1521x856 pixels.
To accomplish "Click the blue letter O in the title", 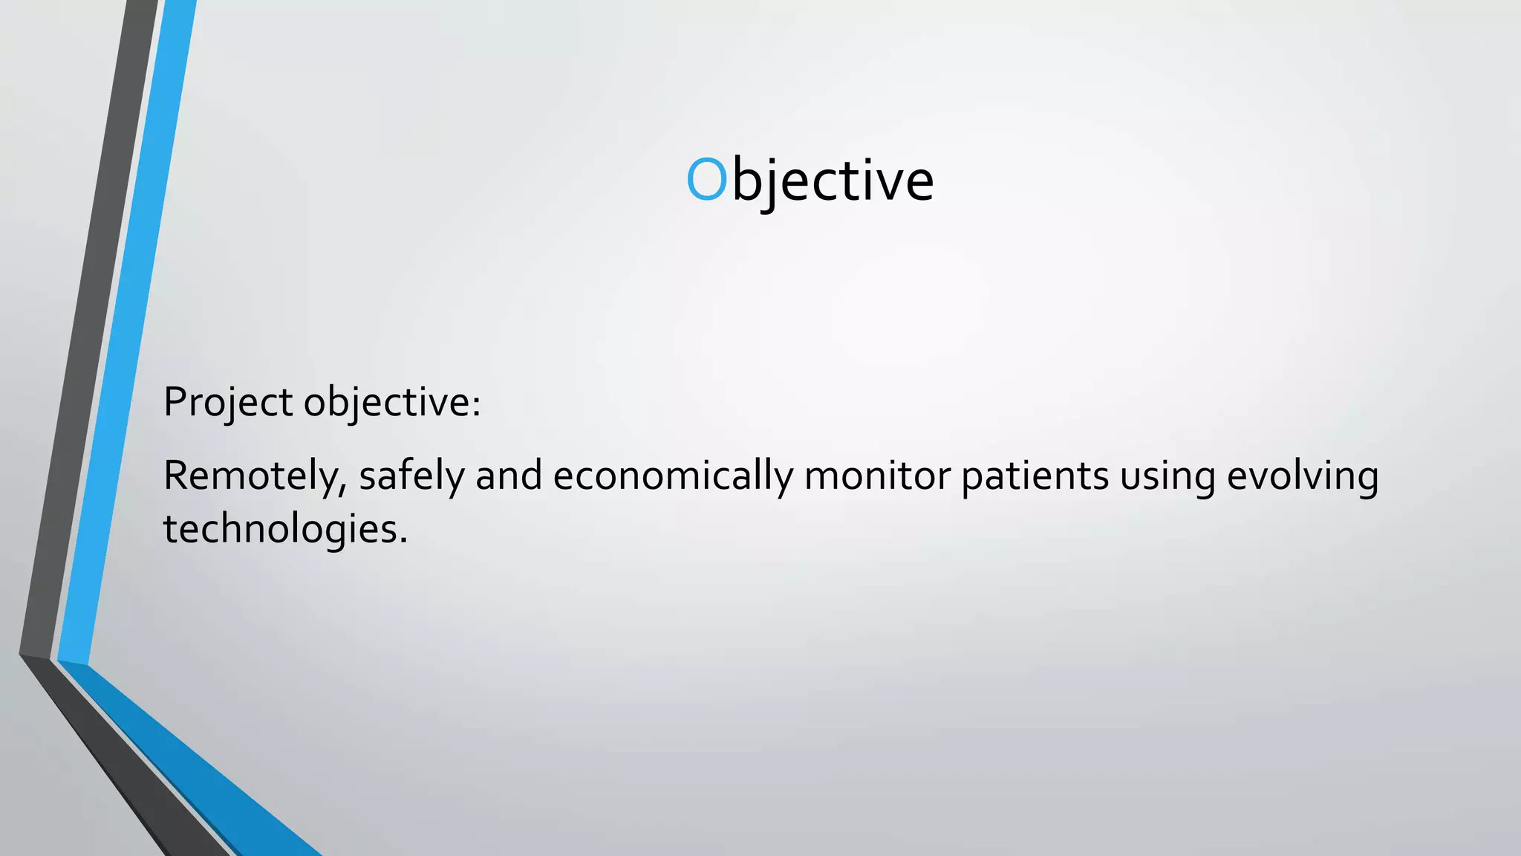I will tap(706, 180).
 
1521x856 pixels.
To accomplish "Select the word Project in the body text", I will tap(228, 403).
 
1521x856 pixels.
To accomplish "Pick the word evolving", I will tap(1303, 476).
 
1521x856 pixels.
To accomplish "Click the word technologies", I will tap(281, 529).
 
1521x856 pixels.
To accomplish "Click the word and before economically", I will tap(509, 476).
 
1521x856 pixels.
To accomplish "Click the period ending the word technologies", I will tap(404, 541).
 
